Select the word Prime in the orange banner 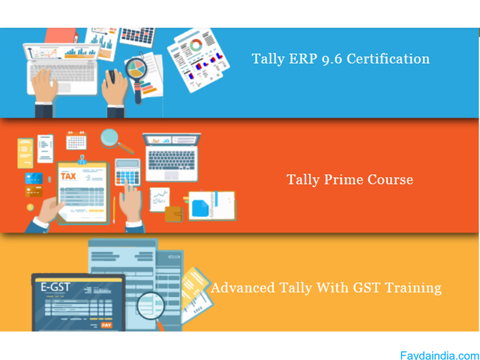point(344,180)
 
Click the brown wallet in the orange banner point(173,214)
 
